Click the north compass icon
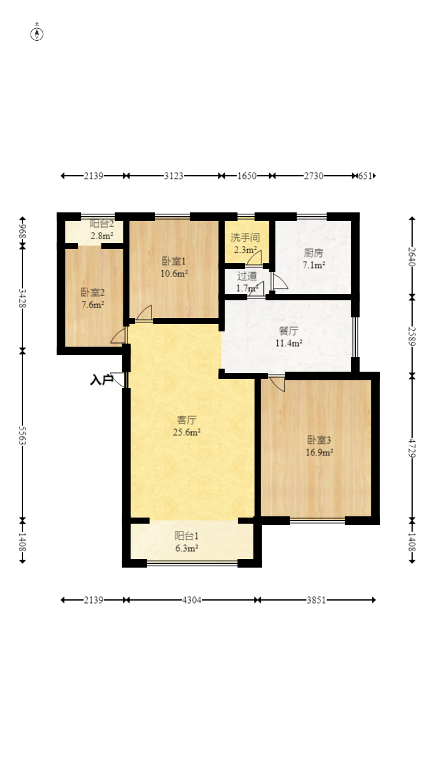[37, 34]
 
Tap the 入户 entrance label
[101, 380]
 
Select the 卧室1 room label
[173, 261]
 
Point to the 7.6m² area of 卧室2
[93, 305]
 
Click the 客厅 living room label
[186, 420]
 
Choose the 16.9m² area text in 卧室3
[319, 452]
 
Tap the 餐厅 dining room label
[289, 330]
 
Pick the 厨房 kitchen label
[313, 253]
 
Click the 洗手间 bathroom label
[245, 238]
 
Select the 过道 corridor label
[247, 276]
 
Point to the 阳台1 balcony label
[186, 535]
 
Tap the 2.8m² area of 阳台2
[102, 236]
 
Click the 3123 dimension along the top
[173, 176]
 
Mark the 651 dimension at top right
[365, 176]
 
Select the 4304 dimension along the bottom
[192, 600]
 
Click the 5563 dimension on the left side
[23, 435]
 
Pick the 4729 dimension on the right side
[412, 448]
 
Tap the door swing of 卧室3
[277, 384]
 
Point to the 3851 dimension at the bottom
[316, 600]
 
